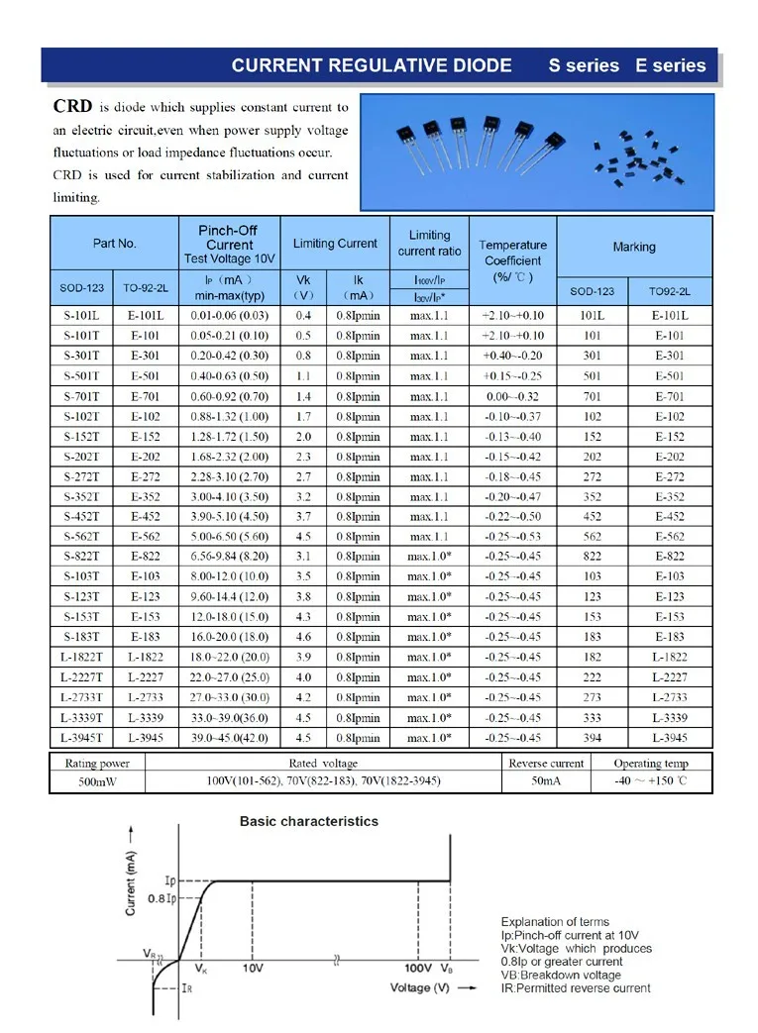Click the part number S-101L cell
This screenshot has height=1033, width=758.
tap(78, 315)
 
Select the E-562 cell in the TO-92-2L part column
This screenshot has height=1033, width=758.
tap(146, 537)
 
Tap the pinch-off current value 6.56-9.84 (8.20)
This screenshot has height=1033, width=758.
tap(230, 557)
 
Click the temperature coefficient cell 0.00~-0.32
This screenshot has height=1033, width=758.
tap(511, 396)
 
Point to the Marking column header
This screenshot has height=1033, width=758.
tap(633, 247)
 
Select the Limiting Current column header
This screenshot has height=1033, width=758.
tap(335, 244)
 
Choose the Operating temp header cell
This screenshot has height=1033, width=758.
tap(650, 764)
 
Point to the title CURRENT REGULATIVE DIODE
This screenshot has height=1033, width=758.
tap(372, 65)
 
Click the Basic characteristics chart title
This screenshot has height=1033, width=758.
tap(309, 821)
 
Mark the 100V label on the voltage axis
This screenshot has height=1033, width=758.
tap(417, 968)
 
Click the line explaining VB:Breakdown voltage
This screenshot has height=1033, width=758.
tap(561, 975)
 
